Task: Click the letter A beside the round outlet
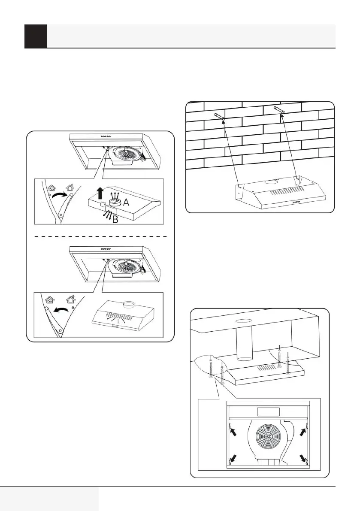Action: [127, 203]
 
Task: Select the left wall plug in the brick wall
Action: [218, 116]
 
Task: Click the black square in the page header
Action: [36, 36]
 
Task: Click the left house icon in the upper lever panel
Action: [52, 187]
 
